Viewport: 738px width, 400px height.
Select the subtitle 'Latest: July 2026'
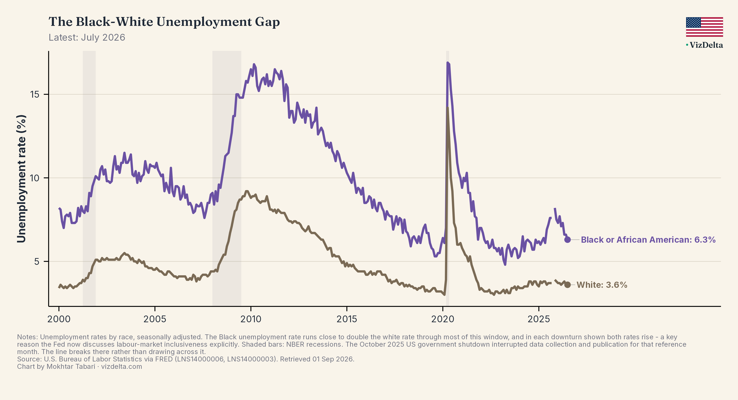click(x=87, y=38)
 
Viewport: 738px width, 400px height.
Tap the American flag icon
click(x=704, y=27)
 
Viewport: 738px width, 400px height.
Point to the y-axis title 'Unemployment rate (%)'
click(x=22, y=179)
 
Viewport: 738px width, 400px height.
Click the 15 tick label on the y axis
click(x=35, y=94)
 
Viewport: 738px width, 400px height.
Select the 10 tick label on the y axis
click(x=34, y=178)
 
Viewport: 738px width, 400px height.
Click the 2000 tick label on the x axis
click(x=59, y=319)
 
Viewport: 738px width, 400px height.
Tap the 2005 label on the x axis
click(x=155, y=319)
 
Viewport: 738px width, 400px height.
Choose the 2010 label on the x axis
click(x=251, y=319)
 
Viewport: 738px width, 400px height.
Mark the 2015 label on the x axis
click(x=347, y=319)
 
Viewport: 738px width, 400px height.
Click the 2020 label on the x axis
click(x=443, y=319)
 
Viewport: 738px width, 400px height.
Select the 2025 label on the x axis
click(x=539, y=319)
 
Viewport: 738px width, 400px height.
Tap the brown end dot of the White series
click(x=567, y=285)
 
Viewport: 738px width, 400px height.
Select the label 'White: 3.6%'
click(x=602, y=285)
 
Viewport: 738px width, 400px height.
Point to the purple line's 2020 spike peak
click(x=448, y=63)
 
